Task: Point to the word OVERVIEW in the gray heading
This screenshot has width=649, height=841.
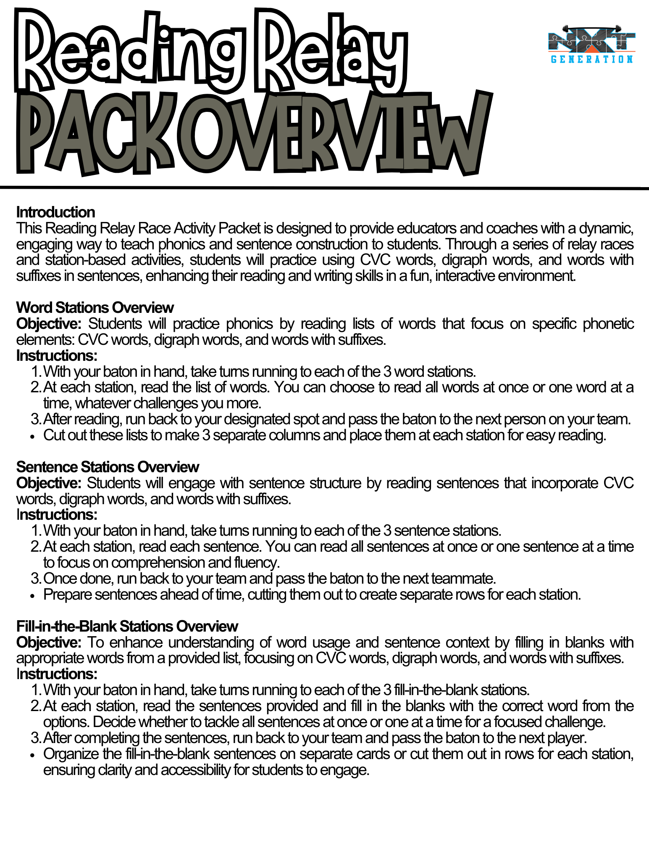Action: point(336,135)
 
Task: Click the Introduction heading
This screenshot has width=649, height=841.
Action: point(55,212)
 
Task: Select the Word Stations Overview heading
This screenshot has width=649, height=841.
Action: point(95,308)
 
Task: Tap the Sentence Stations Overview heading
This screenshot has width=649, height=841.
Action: point(108,467)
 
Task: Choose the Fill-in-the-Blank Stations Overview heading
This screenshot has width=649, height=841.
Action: point(127,627)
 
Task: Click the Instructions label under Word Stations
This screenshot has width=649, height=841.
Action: point(57,356)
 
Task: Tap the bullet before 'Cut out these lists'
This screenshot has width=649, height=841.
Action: point(33,436)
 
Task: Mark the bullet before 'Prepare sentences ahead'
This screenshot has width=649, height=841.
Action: point(33,596)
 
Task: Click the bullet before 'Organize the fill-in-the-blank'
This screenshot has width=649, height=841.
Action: point(33,755)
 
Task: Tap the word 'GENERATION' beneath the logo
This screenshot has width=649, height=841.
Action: point(591,59)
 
